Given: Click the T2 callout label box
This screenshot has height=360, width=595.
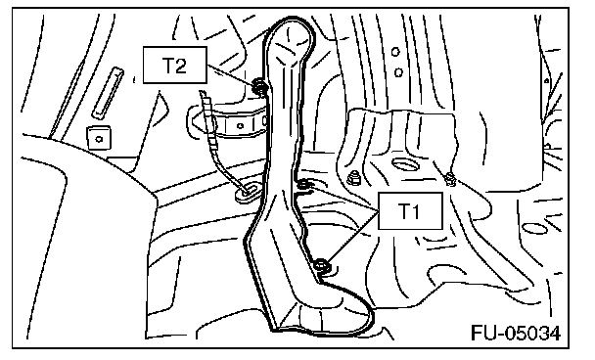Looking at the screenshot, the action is (175, 65).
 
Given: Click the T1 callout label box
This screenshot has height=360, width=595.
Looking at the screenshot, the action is (410, 211).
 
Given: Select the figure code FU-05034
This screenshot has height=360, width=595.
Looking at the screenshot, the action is (516, 334).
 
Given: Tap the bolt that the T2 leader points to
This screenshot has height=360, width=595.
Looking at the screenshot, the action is (259, 86).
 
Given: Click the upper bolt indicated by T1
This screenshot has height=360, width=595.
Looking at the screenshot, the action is (304, 185).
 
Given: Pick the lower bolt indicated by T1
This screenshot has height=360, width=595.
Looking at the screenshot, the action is (322, 264).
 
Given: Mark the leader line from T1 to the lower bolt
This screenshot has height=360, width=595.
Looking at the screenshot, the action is (353, 238).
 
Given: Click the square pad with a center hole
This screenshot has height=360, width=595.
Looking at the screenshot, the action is (99, 139).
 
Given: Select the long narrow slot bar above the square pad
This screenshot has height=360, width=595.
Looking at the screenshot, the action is (109, 93).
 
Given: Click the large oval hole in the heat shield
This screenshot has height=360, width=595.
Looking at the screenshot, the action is (406, 164).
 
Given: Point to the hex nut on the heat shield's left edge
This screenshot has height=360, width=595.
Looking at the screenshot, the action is (353, 177).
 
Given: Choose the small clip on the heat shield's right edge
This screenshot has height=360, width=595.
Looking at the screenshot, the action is (450, 179).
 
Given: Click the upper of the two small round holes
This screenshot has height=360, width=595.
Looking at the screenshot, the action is (395, 52).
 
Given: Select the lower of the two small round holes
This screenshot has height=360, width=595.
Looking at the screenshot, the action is (398, 72).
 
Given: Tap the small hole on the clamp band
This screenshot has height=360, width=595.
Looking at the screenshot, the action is (240, 125).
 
